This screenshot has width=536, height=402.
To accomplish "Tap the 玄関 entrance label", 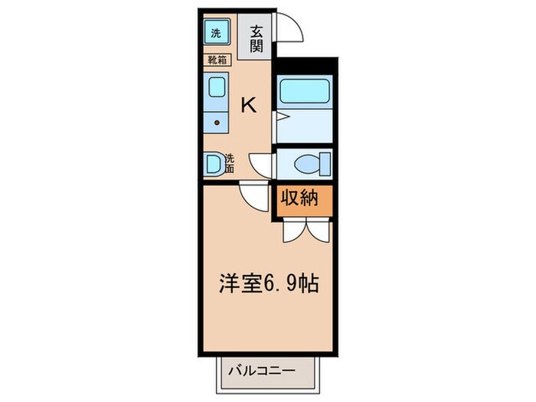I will coord(256,37).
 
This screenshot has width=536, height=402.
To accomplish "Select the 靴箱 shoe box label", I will coord(216,58).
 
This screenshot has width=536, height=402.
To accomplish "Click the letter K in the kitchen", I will coord(249,105).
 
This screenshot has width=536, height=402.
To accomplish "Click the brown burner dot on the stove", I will coord(217,122).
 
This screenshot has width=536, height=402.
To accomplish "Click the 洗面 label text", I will coord(229,164).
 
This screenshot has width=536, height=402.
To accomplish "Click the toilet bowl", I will coord(307,163).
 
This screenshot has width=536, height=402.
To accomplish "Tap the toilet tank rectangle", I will coord(326,163).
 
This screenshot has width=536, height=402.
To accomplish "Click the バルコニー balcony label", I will coord(262,371).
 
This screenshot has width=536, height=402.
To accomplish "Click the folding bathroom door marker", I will coord(280,116).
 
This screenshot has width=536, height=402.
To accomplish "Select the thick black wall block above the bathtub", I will coord(306,64).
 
